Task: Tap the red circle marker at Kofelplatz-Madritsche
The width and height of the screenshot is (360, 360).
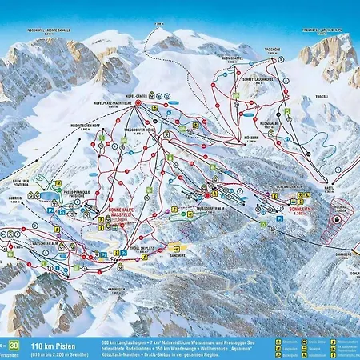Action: coord(137,103)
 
